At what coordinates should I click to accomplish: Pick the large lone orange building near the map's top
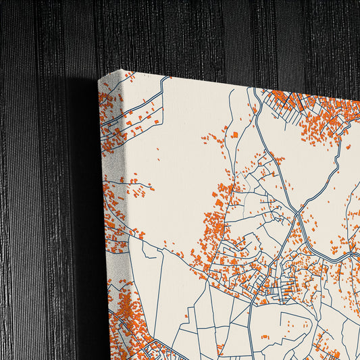pyautogui.click(x=234, y=135)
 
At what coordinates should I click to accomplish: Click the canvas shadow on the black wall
pyautogui.click(x=84, y=203)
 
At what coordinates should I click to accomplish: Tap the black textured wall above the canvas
pyautogui.click(x=203, y=34)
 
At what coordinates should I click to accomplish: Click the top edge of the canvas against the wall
pyautogui.click(x=236, y=80)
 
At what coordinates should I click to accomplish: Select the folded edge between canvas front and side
pyautogui.click(x=125, y=203)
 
